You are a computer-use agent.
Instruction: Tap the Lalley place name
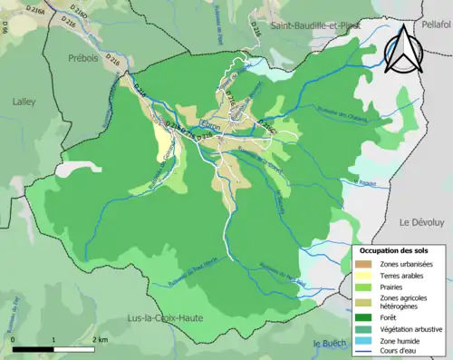click(x=23, y=102)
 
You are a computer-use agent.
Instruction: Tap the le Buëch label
click(x=332, y=344)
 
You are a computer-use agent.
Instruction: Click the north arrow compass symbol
click(x=405, y=50)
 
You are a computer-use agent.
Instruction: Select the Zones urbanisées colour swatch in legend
click(x=365, y=263)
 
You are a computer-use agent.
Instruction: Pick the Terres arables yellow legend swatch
click(x=365, y=275)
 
